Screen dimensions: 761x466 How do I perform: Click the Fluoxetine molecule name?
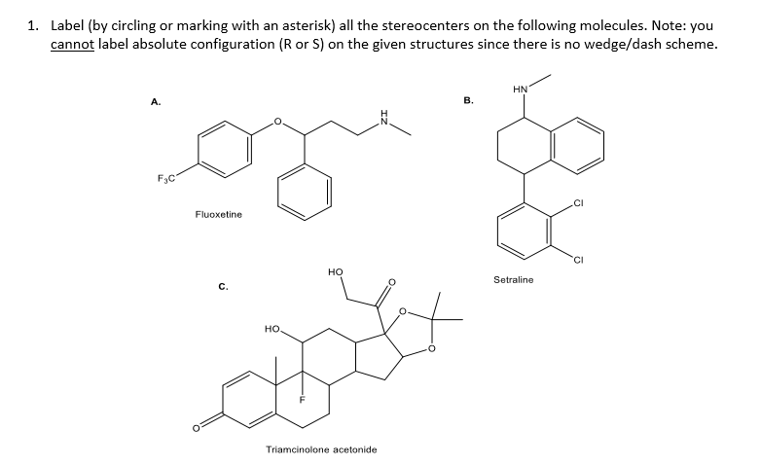pos(218,214)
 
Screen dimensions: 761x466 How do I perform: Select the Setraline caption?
pos(513,279)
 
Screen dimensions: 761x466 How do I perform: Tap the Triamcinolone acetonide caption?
pos(321,449)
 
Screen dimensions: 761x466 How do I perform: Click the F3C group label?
pos(165,179)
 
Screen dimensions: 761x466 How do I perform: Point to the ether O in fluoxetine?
pos(277,121)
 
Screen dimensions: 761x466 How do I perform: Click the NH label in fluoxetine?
pos(384,117)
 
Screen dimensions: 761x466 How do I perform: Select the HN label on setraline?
pos(520,90)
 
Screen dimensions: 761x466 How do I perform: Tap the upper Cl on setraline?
pos(578,203)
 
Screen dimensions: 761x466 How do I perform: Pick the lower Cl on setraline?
pos(578,261)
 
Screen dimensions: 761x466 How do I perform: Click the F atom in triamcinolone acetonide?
pos(302,400)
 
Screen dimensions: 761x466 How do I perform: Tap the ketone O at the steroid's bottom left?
pos(196,428)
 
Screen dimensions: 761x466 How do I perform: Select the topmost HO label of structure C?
pos(336,271)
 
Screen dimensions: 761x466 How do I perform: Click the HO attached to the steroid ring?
pos(272,329)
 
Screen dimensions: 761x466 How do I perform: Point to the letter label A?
pos(156,101)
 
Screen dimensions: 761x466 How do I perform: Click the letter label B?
pos(468,100)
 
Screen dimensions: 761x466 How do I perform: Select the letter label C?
pos(223,286)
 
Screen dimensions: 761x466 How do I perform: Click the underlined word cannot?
pos(72,44)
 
